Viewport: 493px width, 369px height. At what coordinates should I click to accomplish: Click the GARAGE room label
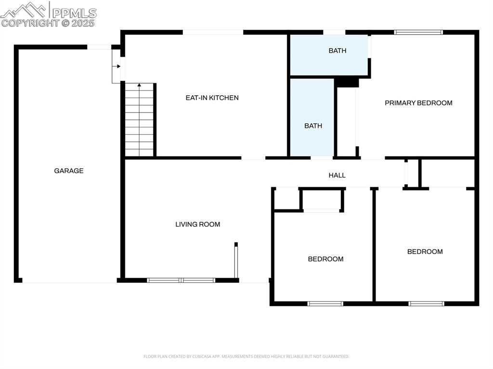point(68,171)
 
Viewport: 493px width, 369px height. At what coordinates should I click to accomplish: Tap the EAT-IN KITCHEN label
point(212,98)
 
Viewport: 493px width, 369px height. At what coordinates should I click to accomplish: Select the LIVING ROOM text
point(197,224)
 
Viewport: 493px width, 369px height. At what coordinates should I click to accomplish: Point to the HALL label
point(337,175)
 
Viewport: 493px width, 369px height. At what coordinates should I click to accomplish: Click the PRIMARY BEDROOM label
point(418,103)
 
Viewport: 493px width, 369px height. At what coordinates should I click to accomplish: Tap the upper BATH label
point(337,51)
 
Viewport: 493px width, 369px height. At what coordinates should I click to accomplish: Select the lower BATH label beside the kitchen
point(313,126)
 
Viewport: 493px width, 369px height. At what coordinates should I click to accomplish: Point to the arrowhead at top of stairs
point(140,85)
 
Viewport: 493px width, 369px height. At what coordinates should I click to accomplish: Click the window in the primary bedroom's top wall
point(418,32)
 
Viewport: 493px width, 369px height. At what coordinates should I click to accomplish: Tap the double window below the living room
point(181,280)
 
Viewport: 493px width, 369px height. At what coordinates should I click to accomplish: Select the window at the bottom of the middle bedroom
point(325,304)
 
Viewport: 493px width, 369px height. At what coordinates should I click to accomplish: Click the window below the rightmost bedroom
point(426,304)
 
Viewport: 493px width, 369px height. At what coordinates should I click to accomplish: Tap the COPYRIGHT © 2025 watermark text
point(48,23)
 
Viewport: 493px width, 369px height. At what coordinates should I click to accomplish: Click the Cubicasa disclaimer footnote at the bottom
point(246,356)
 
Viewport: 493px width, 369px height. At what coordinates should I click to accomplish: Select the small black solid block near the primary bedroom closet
point(347,83)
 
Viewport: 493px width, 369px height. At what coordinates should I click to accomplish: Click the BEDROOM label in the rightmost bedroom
point(425,252)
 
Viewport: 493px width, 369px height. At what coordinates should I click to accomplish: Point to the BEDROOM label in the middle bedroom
point(325,259)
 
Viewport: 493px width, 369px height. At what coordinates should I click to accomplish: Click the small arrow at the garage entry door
point(118,66)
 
